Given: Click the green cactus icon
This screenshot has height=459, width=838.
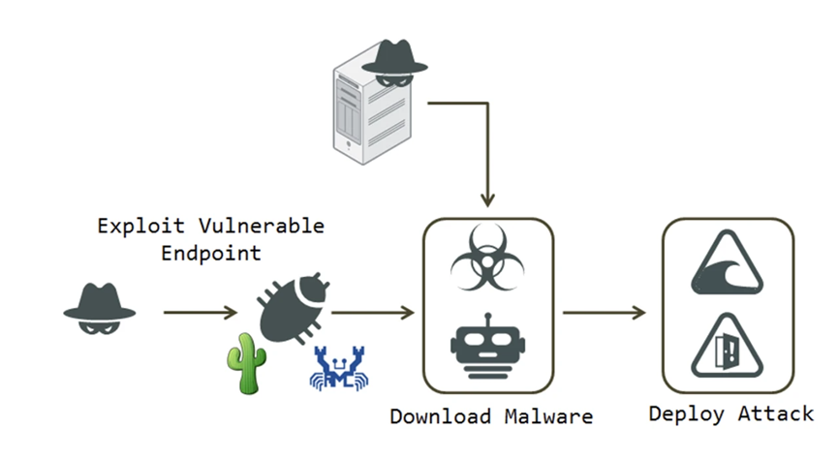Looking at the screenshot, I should [244, 363].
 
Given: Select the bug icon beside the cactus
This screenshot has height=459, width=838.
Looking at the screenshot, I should [295, 305].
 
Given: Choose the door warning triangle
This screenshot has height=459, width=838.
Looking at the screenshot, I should [728, 345].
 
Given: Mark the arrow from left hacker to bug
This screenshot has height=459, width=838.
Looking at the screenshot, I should [200, 313].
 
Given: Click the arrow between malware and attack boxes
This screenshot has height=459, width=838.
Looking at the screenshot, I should [605, 313].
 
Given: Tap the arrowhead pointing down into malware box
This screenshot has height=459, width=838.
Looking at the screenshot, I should [488, 199].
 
